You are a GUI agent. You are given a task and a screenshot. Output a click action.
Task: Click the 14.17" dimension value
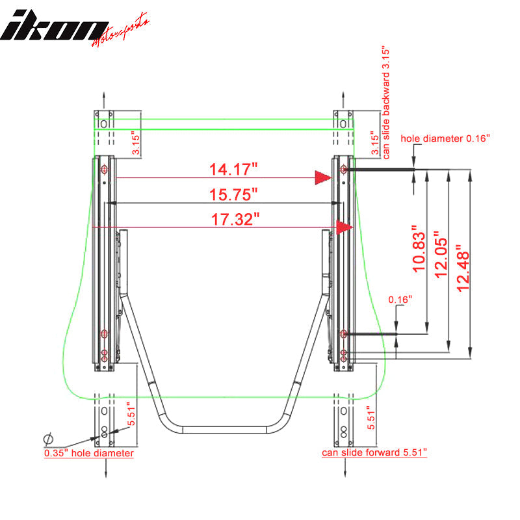(225, 169)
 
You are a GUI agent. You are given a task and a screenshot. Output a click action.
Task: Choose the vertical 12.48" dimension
(462, 268)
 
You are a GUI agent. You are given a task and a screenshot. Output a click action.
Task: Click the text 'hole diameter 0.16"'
(445, 138)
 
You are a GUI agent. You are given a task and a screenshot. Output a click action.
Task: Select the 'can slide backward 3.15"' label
(385, 103)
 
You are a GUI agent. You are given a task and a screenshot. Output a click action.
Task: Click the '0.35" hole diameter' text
(89, 453)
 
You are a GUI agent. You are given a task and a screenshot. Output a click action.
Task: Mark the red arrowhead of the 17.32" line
(344, 227)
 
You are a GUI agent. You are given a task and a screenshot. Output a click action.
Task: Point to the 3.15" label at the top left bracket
(134, 144)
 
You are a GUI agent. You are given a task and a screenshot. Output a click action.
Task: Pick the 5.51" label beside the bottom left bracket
(132, 413)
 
